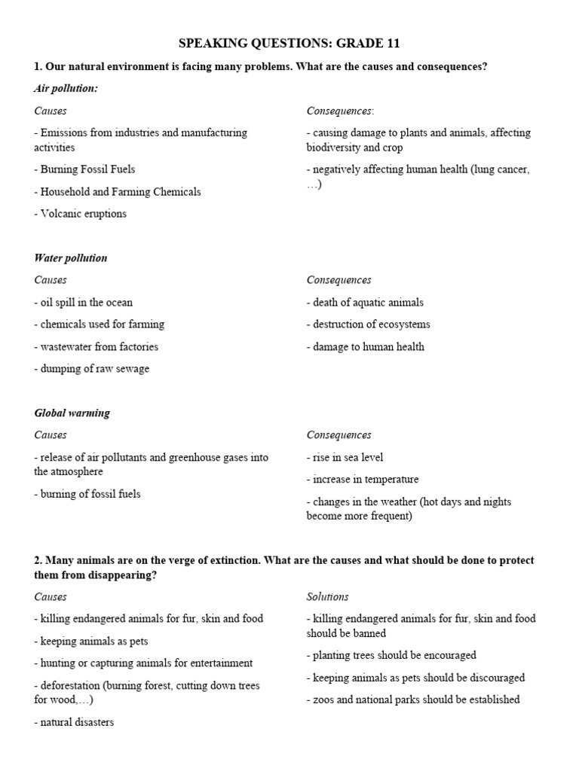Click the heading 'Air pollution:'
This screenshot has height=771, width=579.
(x=66, y=89)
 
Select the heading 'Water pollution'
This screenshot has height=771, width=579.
(x=71, y=258)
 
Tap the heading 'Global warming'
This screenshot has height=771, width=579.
(x=72, y=413)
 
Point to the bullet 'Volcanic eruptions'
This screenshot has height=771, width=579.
(x=81, y=214)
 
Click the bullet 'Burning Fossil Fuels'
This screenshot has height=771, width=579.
(x=85, y=169)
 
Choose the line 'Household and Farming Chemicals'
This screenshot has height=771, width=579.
(x=118, y=192)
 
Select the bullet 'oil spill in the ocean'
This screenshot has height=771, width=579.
(x=84, y=303)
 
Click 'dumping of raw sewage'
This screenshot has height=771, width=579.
(x=92, y=369)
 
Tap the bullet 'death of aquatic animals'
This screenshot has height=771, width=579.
(x=365, y=303)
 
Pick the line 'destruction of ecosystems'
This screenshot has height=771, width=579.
(x=369, y=325)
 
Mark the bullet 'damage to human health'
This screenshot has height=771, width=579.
(x=366, y=347)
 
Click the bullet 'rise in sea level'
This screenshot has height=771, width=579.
(x=345, y=457)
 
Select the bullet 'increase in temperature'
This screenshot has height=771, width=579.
(x=363, y=480)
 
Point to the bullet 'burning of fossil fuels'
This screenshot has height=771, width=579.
(x=87, y=495)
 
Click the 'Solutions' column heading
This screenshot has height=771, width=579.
(x=327, y=597)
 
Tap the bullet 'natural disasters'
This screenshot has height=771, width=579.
(x=75, y=723)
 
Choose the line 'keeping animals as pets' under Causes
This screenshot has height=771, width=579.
(x=91, y=641)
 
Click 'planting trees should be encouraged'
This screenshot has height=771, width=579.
(x=391, y=656)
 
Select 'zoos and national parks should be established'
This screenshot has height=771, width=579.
(x=413, y=700)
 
